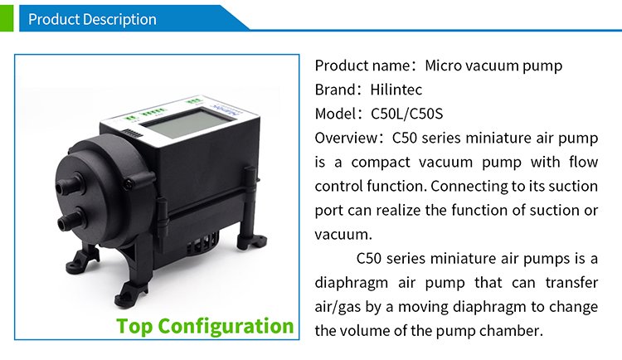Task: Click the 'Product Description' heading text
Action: coord(92,19)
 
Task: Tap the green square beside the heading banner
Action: coord(7,18)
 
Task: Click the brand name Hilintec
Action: coord(396,90)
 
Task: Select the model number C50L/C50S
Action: coord(406,114)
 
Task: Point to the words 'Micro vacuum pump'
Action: coord(493,66)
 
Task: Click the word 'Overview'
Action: coord(347,139)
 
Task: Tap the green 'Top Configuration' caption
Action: coord(205,326)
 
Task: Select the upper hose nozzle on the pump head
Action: coord(69,185)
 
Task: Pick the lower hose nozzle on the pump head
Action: coord(70,220)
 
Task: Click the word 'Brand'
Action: coord(335,90)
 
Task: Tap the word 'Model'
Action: coord(335,114)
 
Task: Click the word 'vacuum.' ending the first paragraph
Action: coord(343,235)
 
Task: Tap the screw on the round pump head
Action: coord(129,183)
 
